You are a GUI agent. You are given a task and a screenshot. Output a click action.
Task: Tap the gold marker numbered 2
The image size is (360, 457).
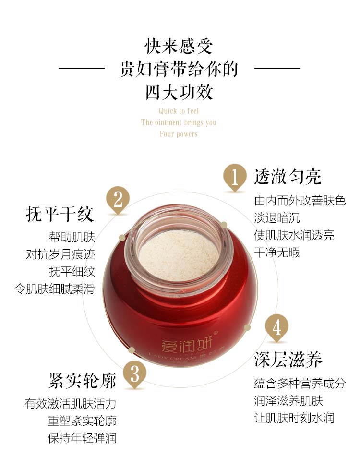pos(118,200)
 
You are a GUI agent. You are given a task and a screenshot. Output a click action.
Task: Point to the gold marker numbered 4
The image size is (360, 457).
pos(276,327)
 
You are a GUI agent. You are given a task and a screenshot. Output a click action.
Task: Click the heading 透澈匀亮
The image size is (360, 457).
pos(288,177)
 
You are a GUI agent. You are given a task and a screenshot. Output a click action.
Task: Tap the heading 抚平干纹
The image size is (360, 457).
pos(60,214)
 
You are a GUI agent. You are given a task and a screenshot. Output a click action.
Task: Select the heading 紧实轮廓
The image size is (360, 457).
pos(83,381)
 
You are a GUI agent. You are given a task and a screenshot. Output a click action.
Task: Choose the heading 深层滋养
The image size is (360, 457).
pos(288,359)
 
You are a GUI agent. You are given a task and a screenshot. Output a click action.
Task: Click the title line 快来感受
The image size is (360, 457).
pos(179,47)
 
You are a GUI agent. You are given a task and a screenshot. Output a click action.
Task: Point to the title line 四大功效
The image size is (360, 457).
pos(179,92)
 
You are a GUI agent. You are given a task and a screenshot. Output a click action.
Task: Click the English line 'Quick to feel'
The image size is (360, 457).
pos(179,111)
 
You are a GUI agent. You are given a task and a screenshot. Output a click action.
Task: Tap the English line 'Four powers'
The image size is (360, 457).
pos(179,134)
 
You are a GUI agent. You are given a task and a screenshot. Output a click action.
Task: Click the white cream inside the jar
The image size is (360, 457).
pos(179,256)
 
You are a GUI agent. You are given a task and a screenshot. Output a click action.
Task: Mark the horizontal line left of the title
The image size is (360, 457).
pos(82,69)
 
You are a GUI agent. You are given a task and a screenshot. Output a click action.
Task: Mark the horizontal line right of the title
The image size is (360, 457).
pos(277,69)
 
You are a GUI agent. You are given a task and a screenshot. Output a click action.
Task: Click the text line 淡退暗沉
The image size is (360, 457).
pos(276,218)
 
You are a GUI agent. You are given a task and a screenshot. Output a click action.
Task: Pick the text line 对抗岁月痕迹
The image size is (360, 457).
pos(60,254)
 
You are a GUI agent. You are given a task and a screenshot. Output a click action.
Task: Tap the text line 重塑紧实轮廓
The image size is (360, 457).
pos(82,421)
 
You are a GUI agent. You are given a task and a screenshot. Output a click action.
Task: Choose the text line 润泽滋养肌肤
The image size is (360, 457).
pos(288,401)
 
